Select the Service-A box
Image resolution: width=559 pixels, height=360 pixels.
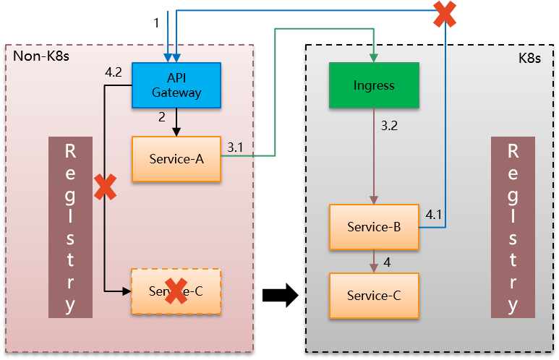pos(176,159)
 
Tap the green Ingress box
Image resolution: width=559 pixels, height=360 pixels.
pos(374,85)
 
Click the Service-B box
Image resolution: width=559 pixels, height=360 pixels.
pos(374,227)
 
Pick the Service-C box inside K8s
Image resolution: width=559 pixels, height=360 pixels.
pos(374,295)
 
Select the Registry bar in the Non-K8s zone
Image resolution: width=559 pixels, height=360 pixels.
pos(70,227)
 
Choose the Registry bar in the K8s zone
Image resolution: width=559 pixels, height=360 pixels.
pos(513,227)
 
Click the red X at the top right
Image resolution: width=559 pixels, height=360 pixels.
pos(444,14)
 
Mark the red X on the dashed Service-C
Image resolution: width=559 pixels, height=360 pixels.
pos(176,291)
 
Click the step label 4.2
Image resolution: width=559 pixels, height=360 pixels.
pos(113,72)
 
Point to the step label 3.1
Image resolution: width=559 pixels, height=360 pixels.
pos(235,147)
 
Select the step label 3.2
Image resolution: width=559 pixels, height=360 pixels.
pos(389,126)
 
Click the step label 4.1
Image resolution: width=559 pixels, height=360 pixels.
pos(434,214)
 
